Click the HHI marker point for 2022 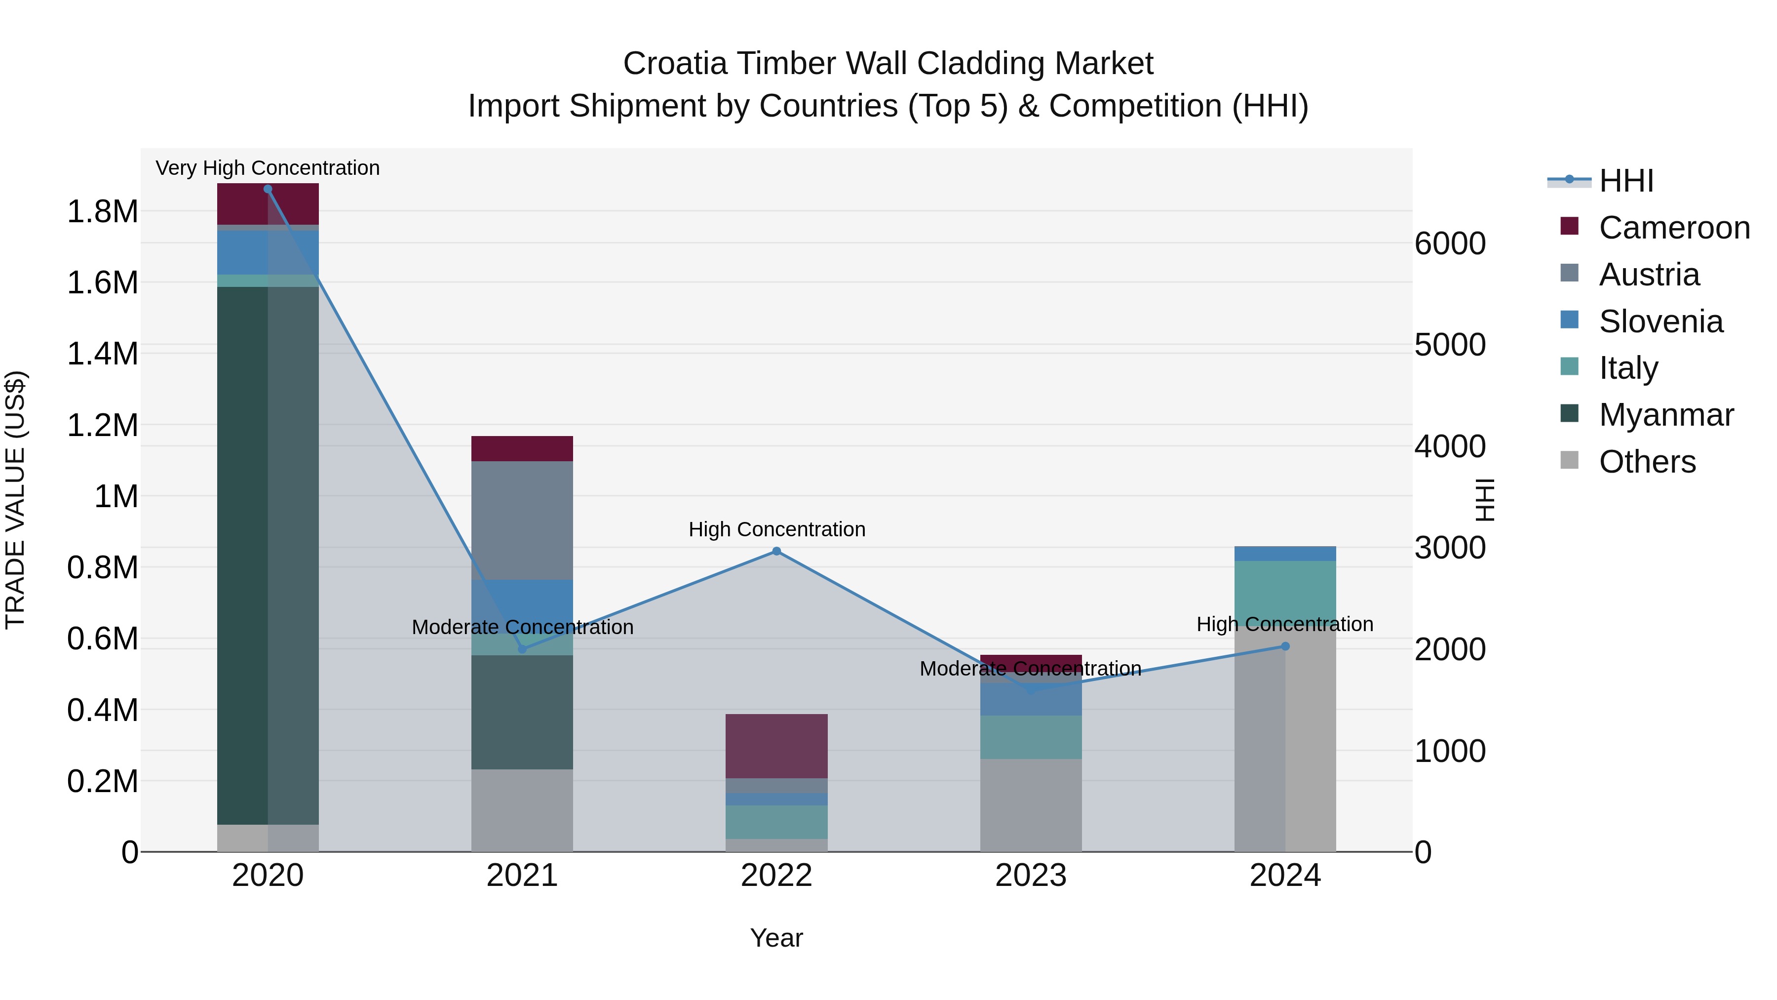pos(776,551)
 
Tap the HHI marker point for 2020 pos(268,189)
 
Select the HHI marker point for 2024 pos(1284,646)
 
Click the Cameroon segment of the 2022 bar pos(776,745)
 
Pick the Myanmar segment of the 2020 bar pos(268,552)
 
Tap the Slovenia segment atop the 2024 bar pos(1284,554)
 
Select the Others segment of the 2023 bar pos(1031,805)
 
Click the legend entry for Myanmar pos(1665,415)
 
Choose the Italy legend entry pos(1627,368)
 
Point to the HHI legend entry pos(1625,181)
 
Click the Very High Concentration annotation pos(268,168)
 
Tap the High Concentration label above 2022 pos(776,529)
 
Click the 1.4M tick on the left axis pos(102,354)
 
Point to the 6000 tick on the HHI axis pos(1449,243)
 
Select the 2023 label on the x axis pos(1031,876)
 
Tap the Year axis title pos(776,938)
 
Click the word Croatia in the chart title pos(675,64)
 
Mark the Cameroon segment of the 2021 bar pos(522,448)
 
